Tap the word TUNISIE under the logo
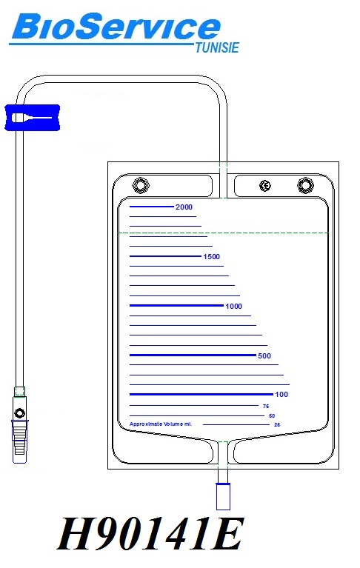point(217,48)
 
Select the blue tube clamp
point(33,117)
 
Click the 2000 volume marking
point(184,207)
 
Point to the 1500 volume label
point(212,257)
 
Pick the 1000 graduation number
point(233,307)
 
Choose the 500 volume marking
point(264,356)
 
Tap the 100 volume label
point(281,395)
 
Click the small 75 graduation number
point(266,407)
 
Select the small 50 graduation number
point(272,416)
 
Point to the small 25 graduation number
point(277,424)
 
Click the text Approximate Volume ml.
point(161,424)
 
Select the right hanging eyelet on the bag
point(305,185)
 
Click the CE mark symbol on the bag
point(265,186)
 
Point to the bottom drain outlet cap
point(223,496)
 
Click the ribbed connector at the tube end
point(19,441)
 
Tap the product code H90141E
point(150,535)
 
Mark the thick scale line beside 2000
point(152,207)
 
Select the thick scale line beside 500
point(193,355)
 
